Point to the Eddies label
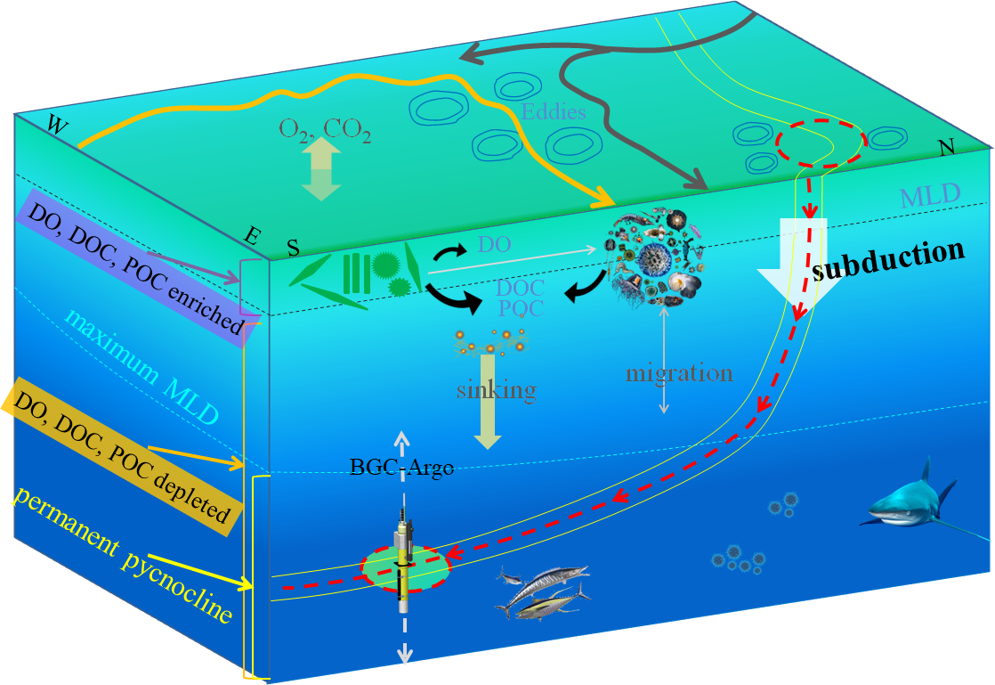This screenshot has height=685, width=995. click(554, 113)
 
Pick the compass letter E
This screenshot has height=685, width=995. click(254, 237)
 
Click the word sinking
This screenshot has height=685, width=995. click(497, 389)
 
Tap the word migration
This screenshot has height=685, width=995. click(679, 372)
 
